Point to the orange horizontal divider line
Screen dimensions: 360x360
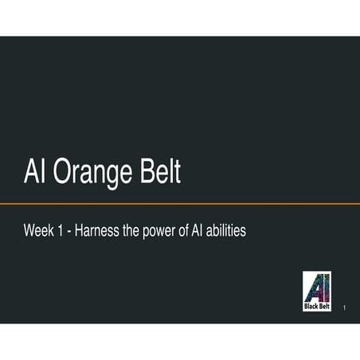(x=180, y=204)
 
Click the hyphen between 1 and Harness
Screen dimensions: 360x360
(x=71, y=232)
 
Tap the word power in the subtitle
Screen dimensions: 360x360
(x=158, y=232)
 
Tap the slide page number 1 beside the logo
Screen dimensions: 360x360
(x=343, y=307)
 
